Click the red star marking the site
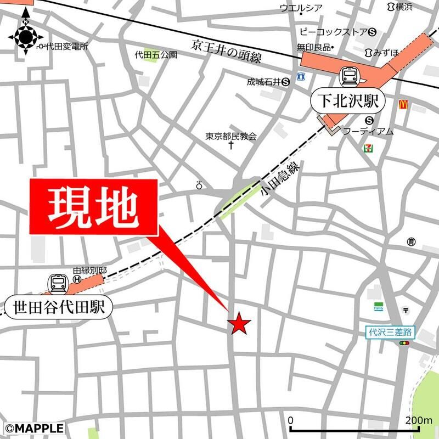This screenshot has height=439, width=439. click(240, 323)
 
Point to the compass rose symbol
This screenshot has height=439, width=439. click(25, 37)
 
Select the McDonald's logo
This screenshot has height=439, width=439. click(404, 103)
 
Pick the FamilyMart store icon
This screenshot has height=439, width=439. click(379, 306)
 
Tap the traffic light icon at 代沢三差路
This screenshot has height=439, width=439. click(405, 343)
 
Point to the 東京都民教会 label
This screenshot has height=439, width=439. click(231, 136)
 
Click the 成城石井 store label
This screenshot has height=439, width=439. click(263, 82)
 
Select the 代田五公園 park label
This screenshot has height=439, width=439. click(156, 55)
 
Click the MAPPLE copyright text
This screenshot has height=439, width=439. click(34, 427)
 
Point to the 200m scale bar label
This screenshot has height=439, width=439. click(419, 421)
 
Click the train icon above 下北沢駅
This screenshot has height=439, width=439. click(349, 76)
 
